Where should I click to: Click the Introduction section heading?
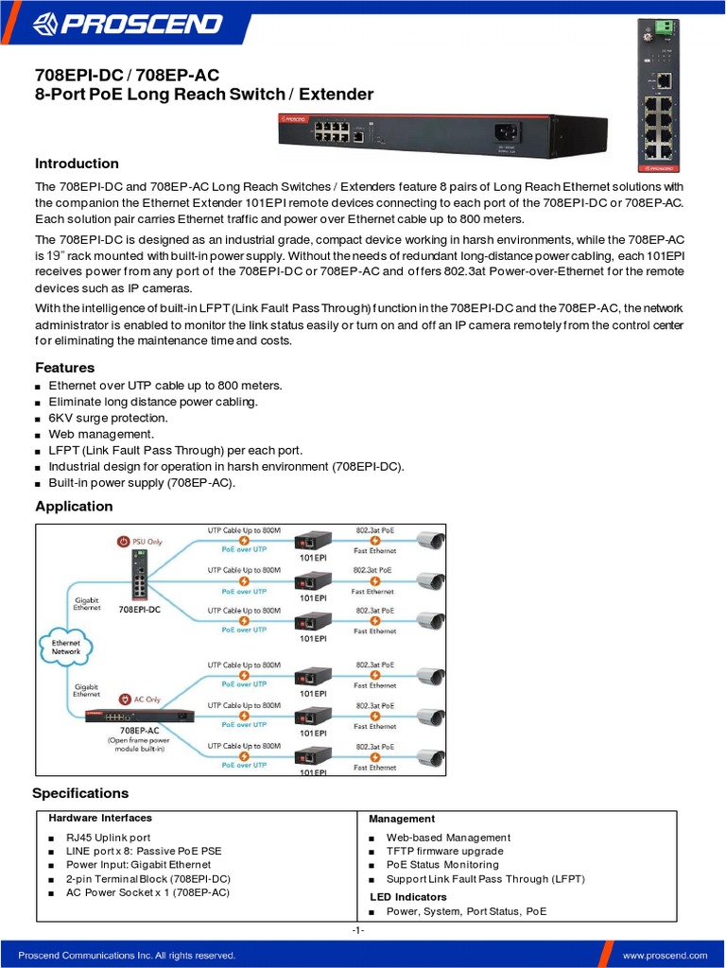[77, 164]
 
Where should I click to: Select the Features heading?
[64, 367]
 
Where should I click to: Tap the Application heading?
[74, 506]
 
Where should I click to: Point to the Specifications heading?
[80, 793]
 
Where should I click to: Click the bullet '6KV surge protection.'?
[108, 418]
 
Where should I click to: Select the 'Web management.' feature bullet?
[95, 434]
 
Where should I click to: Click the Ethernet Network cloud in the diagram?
[66, 648]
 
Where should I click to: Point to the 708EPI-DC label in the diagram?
[139, 610]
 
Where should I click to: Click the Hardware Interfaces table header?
[100, 818]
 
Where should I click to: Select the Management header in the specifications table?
[402, 819]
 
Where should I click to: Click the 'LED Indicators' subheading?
[408, 896]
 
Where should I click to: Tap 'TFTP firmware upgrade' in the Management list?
[444, 851]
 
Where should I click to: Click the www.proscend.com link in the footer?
[665, 956]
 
